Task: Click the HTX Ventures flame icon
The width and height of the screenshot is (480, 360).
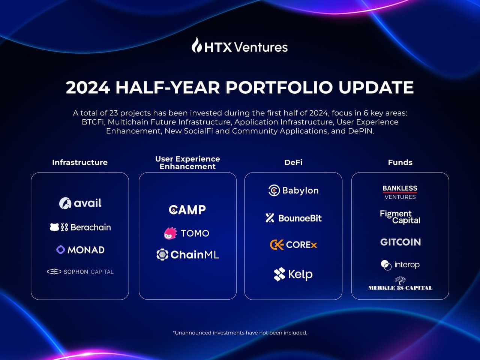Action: [x=197, y=45]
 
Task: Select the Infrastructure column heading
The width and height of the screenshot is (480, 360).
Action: [x=79, y=162]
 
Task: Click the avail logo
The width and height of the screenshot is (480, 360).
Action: [x=80, y=203]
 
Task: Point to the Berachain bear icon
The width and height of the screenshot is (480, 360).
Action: [x=55, y=227]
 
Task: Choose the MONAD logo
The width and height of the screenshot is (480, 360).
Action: [x=80, y=250]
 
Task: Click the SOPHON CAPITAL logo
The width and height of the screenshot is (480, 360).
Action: [x=80, y=271]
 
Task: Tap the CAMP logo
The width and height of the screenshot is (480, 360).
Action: [x=187, y=210]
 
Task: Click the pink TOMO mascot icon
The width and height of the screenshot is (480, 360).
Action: [x=170, y=233]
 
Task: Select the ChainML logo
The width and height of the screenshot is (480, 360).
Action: [x=187, y=255]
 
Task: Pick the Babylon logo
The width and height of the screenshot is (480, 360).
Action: [x=293, y=190]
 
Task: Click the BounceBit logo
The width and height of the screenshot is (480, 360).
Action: [x=293, y=218]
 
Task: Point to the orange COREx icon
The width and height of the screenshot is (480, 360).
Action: [x=276, y=245]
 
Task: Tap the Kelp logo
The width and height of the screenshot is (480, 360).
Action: [x=293, y=274]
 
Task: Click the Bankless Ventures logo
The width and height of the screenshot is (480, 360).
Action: [x=400, y=192]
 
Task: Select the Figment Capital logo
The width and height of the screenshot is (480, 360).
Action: [x=400, y=217]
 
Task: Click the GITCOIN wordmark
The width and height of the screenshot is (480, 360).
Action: [x=400, y=242]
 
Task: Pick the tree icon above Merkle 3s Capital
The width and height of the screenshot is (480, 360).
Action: [x=400, y=280]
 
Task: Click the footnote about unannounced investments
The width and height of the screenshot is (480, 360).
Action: [x=240, y=333]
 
